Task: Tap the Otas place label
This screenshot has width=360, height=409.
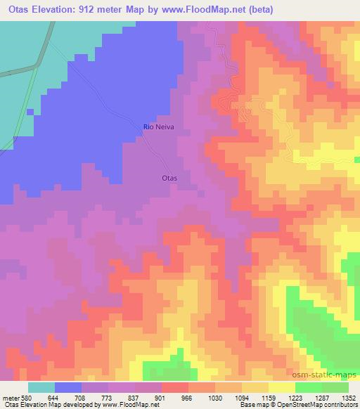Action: tap(169, 178)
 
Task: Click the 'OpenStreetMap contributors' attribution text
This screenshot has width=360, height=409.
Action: tap(321, 404)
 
